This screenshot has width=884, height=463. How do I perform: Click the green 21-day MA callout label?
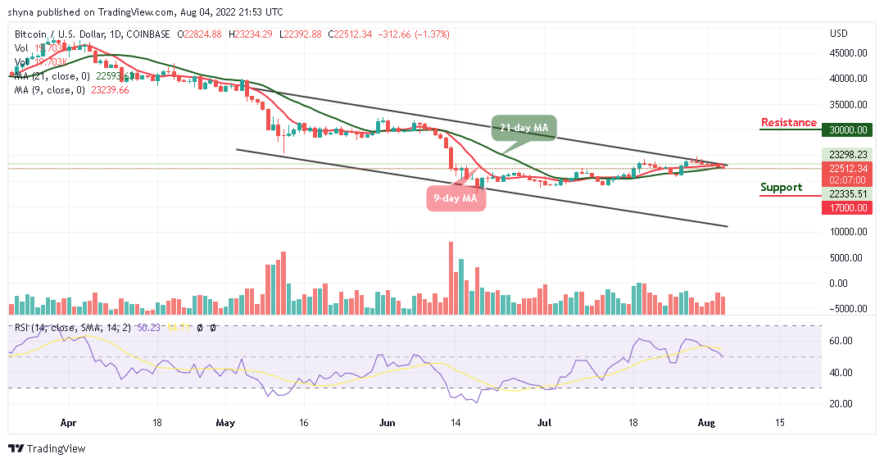pyautogui.click(x=524, y=128)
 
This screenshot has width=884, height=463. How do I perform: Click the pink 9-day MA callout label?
pyautogui.click(x=456, y=198)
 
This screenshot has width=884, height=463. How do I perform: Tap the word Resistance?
pyautogui.click(x=788, y=122)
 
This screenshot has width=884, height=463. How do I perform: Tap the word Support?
pyautogui.click(x=781, y=187)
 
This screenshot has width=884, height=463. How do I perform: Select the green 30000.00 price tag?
pyautogui.click(x=848, y=129)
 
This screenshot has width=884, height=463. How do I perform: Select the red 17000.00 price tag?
pyautogui.click(x=848, y=207)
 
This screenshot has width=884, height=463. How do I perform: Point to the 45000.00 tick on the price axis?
pyautogui.click(x=848, y=53)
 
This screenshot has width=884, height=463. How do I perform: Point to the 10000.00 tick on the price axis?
pyautogui.click(x=848, y=231)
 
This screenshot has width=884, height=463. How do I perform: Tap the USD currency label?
pyautogui.click(x=838, y=34)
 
